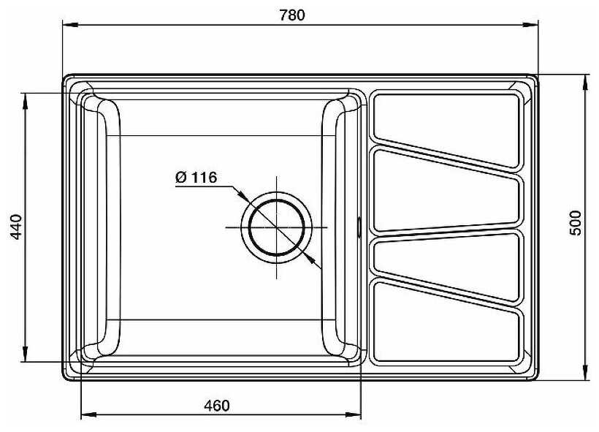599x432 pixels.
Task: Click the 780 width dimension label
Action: [x=292, y=15]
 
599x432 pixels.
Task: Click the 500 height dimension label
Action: [x=576, y=223]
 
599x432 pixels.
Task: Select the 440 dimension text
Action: [x=16, y=227]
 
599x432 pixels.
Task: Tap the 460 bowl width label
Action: [x=217, y=406]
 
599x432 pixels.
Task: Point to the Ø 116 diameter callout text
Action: [x=196, y=178]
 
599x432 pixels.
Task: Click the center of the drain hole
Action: [x=277, y=227]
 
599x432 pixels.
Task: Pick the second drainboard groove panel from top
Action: [x=447, y=190]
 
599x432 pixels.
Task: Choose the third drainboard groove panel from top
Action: [x=447, y=265]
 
